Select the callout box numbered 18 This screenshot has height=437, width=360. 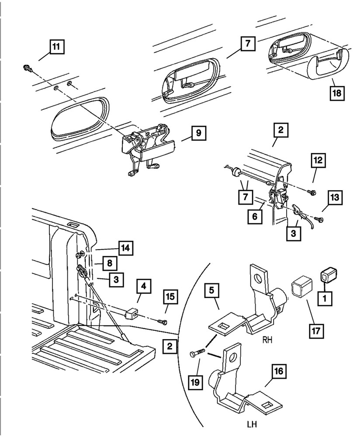point(337,93)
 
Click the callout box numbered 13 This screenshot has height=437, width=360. point(334,199)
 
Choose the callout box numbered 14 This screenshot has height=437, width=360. point(125,248)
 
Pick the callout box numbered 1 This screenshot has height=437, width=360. point(326,298)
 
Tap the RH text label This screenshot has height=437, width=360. point(267,339)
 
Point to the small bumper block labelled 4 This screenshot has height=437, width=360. point(131,313)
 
